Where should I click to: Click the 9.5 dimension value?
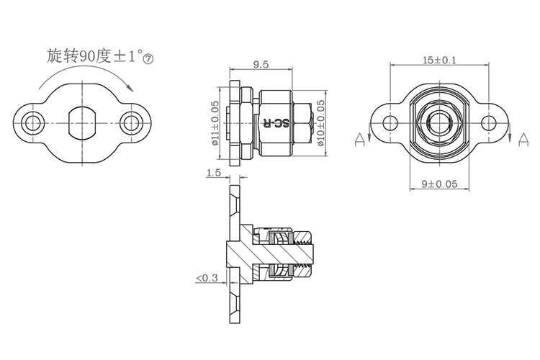pyautogui.click(x=261, y=64)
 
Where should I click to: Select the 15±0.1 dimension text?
pyautogui.click(x=439, y=60)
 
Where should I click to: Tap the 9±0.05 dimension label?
pyautogui.click(x=440, y=184)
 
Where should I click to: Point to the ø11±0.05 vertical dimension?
pyautogui.click(x=215, y=123)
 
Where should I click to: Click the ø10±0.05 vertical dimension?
pyautogui.click(x=320, y=123)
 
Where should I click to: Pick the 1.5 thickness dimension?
pyautogui.click(x=214, y=172)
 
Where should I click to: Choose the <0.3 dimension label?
pyautogui.click(x=207, y=278)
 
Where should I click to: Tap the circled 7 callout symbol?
pyautogui.click(x=148, y=59)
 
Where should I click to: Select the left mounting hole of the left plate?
pyautogui.click(x=32, y=122)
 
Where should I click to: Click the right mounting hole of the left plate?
pyautogui.click(x=131, y=122)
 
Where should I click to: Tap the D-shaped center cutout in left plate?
pyautogui.click(x=82, y=123)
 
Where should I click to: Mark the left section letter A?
pyautogui.click(x=359, y=139)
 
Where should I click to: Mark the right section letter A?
pyautogui.click(x=523, y=139)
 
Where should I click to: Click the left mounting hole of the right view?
pyautogui.click(x=390, y=123)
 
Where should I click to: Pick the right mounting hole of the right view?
pyautogui.click(x=489, y=123)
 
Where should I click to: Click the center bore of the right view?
pyautogui.click(x=439, y=122)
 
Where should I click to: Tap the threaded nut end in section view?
pyautogui.click(x=303, y=254)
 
